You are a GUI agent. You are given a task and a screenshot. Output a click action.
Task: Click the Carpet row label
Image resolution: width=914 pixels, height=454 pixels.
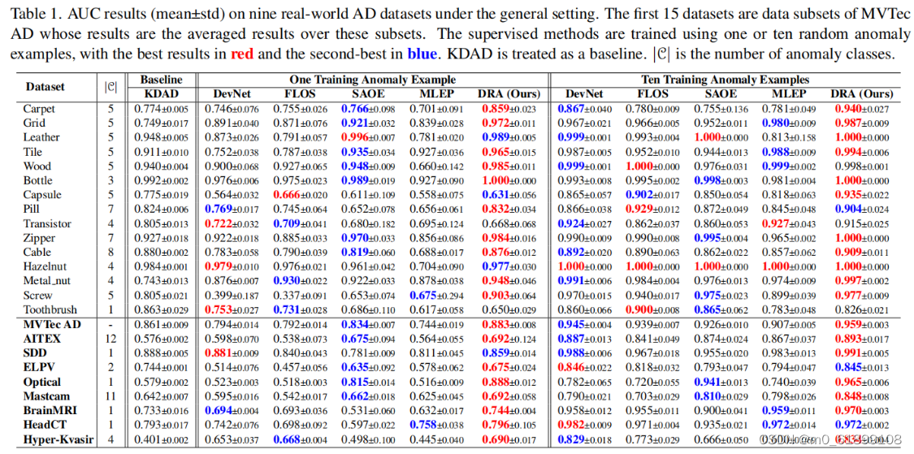[39, 109]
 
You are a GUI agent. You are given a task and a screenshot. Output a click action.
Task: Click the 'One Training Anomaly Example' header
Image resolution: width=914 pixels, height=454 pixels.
[373, 80]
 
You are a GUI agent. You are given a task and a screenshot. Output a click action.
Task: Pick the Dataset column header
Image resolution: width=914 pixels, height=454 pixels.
[46, 87]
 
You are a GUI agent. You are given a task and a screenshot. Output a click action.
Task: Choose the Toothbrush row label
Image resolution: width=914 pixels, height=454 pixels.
[50, 310]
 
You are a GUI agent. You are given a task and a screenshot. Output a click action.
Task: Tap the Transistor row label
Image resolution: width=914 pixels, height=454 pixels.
[48, 224]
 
